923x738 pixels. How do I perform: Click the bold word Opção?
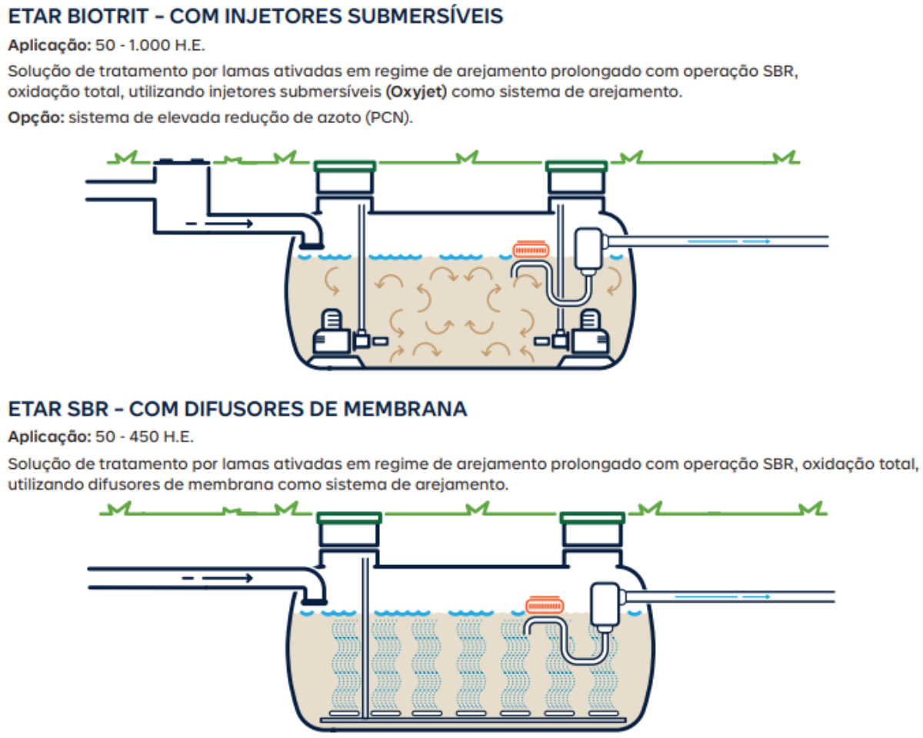click(x=35, y=120)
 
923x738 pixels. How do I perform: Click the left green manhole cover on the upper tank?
click(x=345, y=165)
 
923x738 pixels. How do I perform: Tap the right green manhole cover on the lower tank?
click(x=591, y=517)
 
